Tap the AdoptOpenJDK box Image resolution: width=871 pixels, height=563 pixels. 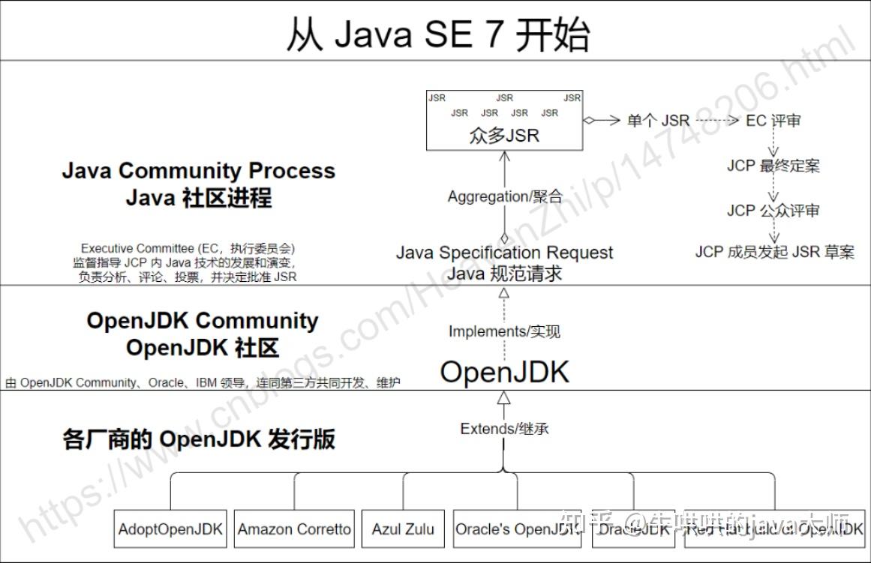170,529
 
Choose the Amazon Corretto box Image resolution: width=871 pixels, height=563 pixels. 294,529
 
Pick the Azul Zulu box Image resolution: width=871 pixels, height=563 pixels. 403,529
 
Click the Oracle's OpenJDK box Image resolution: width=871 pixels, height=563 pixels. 517,529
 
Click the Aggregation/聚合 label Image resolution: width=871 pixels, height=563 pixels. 504,196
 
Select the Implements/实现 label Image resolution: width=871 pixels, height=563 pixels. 504,331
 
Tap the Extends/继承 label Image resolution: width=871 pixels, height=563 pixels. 504,429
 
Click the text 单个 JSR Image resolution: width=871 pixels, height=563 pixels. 658,121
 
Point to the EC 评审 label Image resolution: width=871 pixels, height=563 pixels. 773,121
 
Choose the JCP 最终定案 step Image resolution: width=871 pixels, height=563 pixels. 773,166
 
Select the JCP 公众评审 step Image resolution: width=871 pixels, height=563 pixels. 773,211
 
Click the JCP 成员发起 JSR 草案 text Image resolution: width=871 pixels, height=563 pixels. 774,252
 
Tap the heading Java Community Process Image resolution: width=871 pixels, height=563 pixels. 198,171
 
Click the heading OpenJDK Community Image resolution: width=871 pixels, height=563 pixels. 202,321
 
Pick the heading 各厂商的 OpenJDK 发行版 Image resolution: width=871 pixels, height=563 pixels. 198,439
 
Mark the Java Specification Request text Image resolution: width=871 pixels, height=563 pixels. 504,253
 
